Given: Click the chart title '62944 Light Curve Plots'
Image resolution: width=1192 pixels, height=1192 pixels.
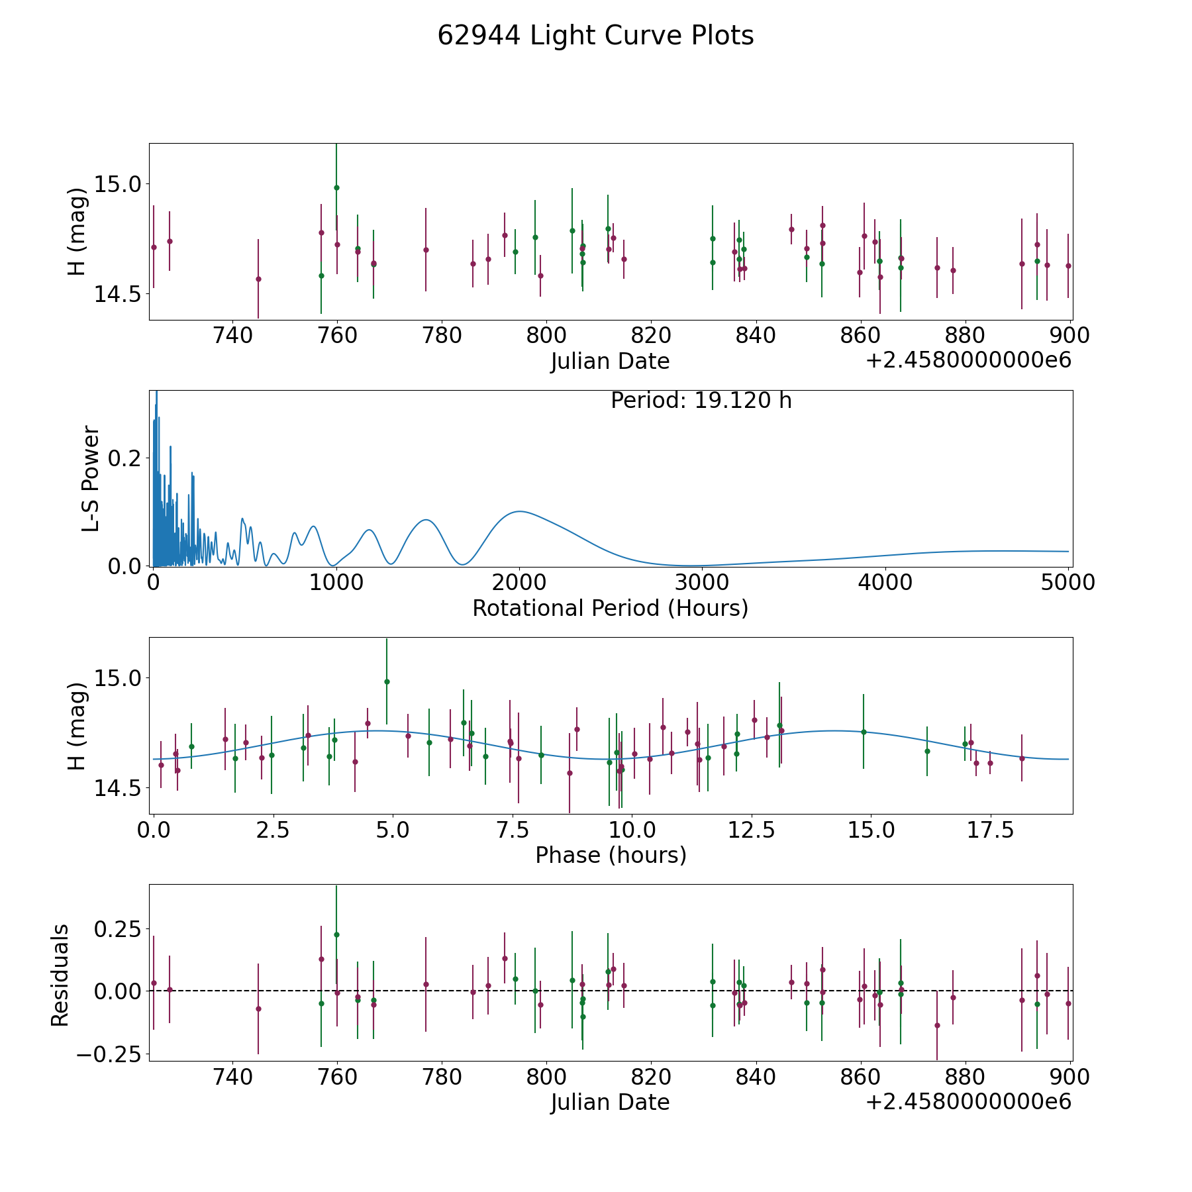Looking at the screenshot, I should pos(595,36).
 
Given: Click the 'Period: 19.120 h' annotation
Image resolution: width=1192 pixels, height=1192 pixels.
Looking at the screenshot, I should pos(701,401).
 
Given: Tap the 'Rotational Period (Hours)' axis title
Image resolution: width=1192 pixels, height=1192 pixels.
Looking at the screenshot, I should pos(610,608).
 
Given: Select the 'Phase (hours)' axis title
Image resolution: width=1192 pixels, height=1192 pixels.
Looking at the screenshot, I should pos(610,855).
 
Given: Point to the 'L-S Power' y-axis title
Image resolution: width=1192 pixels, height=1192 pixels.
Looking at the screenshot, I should pos(91,478).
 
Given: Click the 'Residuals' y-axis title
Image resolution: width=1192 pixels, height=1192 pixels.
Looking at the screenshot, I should pos(60,975).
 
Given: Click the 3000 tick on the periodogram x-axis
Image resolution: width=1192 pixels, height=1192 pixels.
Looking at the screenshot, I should pos(702,582).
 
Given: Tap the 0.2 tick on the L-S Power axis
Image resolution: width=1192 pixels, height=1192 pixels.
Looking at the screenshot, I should pos(126,458).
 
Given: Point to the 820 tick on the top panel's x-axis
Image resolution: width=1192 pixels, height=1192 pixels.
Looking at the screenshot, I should pos(651,335).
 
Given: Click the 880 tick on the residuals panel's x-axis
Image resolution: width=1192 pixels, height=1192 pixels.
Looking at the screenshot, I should pos(965,1077).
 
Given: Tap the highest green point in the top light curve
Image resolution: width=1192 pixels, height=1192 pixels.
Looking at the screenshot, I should pos(336,187).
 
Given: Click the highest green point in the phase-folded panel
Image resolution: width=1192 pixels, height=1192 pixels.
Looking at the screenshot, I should pos(387,681).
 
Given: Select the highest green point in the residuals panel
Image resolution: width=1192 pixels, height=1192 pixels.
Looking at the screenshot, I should pos(336,934).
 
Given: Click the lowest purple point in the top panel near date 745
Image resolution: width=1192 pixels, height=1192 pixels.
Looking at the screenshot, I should pos(258,279).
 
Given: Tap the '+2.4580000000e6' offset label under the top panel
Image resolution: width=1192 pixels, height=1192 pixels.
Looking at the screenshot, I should pos(968,361).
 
